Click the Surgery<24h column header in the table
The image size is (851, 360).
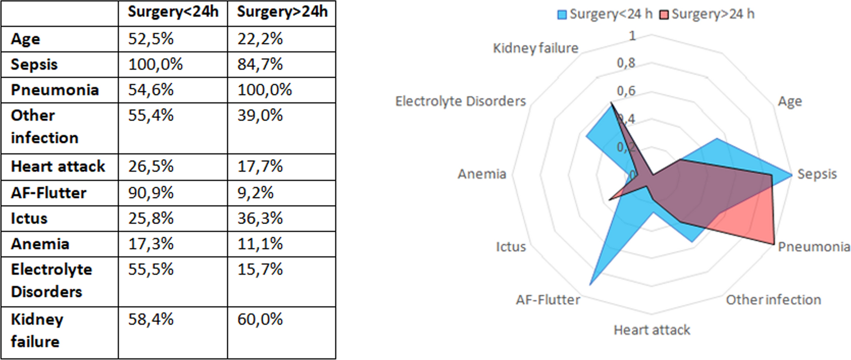[173, 12]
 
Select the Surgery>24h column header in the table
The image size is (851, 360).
[282, 12]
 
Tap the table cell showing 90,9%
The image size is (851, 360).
[151, 193]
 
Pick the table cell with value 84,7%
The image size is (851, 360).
[260, 64]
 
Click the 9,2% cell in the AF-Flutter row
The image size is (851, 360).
[255, 193]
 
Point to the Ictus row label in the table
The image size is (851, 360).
[29, 218]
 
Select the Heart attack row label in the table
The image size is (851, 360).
[58, 166]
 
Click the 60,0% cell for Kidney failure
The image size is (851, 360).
[260, 320]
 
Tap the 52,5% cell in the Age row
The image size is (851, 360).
[151, 39]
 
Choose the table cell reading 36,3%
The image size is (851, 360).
[260, 218]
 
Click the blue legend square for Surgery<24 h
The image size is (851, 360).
[562, 15]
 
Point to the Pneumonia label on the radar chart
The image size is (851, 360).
[813, 247]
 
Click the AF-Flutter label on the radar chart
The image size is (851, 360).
[548, 300]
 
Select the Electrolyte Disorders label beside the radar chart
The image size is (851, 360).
[460, 101]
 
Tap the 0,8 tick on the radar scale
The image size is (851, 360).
[626, 63]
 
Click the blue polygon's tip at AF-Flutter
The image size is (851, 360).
[590, 285]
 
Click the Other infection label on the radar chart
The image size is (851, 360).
[773, 300]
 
